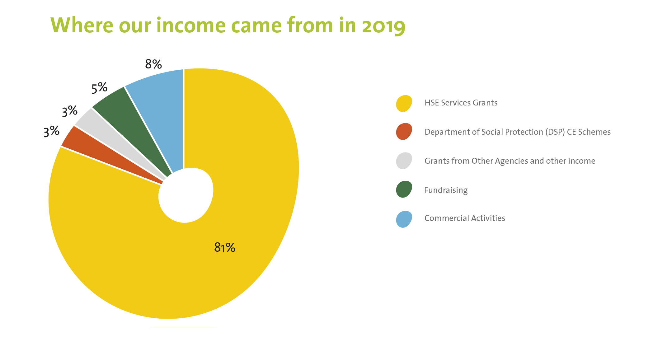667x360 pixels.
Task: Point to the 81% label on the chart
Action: (225, 248)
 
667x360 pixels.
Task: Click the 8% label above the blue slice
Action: (153, 64)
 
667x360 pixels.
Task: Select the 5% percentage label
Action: (99, 88)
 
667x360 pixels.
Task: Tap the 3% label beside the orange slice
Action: (51, 131)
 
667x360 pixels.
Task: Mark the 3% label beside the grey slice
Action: (69, 111)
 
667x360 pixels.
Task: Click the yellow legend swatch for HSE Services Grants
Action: (404, 103)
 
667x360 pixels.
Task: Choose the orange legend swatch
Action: (404, 132)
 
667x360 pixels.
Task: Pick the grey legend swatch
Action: (404, 161)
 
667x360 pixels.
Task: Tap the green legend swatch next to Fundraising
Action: (404, 189)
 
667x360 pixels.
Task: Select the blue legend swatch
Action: (404, 219)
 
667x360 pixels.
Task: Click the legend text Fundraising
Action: (446, 190)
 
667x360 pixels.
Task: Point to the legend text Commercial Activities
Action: (465, 218)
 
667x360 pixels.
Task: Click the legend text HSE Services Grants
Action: (461, 103)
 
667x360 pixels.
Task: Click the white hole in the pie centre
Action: (186, 195)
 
